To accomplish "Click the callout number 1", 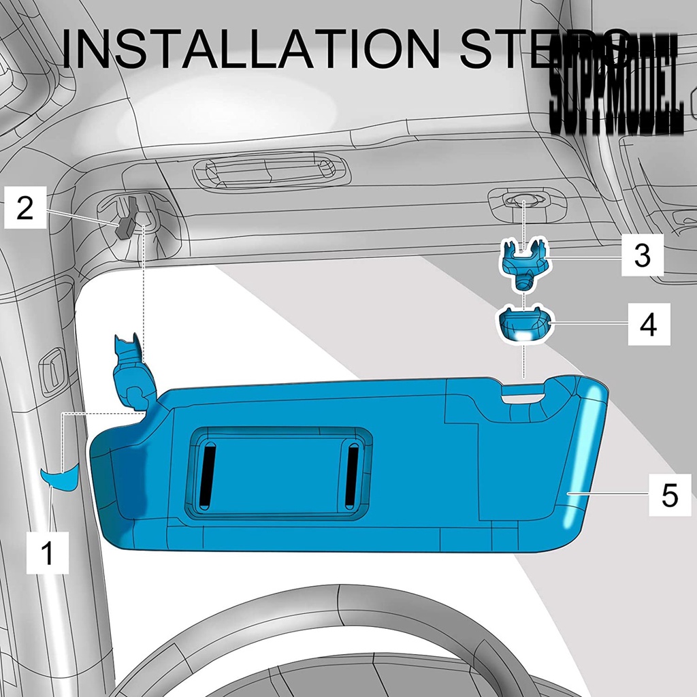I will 47,552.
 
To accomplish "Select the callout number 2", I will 25,208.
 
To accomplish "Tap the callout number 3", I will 642,255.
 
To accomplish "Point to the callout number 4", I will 648,325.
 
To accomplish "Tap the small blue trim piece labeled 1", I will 59,479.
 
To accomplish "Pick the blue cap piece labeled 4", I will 524,325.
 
